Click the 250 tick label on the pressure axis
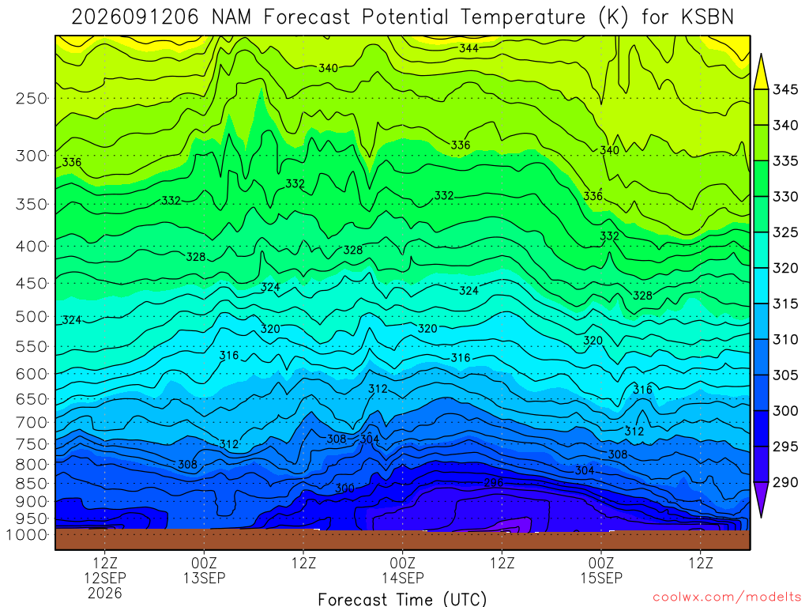click(x=32, y=98)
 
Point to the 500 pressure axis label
click(x=32, y=316)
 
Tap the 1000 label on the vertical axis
click(x=27, y=534)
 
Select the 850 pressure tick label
click(x=32, y=484)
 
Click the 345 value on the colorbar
click(x=785, y=89)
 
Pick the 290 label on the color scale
click(x=785, y=482)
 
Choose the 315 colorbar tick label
click(x=785, y=303)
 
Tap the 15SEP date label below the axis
click(x=601, y=578)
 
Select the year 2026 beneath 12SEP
click(x=105, y=593)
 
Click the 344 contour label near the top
click(x=468, y=48)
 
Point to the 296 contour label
click(x=493, y=482)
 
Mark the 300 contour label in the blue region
click(x=344, y=488)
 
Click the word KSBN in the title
click(x=707, y=17)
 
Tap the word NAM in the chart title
click(x=231, y=17)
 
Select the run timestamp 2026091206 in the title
click(x=134, y=17)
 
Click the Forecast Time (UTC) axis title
click(x=402, y=599)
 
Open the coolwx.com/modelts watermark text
click(x=727, y=598)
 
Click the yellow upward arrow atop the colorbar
click(x=761, y=72)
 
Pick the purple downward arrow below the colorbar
click(x=761, y=500)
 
